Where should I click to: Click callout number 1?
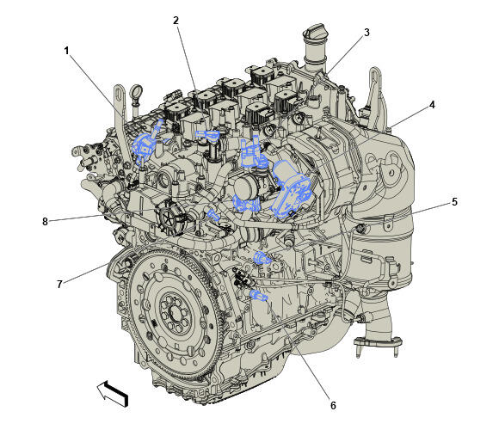point(66,51)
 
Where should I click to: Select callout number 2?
point(176,21)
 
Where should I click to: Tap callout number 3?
point(367,33)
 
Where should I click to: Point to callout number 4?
point(432,105)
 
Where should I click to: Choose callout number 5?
point(454,201)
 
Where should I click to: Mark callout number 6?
point(333,405)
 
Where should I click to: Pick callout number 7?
point(59,284)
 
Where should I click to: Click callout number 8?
point(46,221)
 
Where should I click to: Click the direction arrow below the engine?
point(113,393)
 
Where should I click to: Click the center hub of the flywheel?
point(175,314)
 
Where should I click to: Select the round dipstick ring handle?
point(136,91)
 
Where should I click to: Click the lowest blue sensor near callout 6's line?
point(258,296)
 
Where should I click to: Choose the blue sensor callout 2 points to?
point(207,136)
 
